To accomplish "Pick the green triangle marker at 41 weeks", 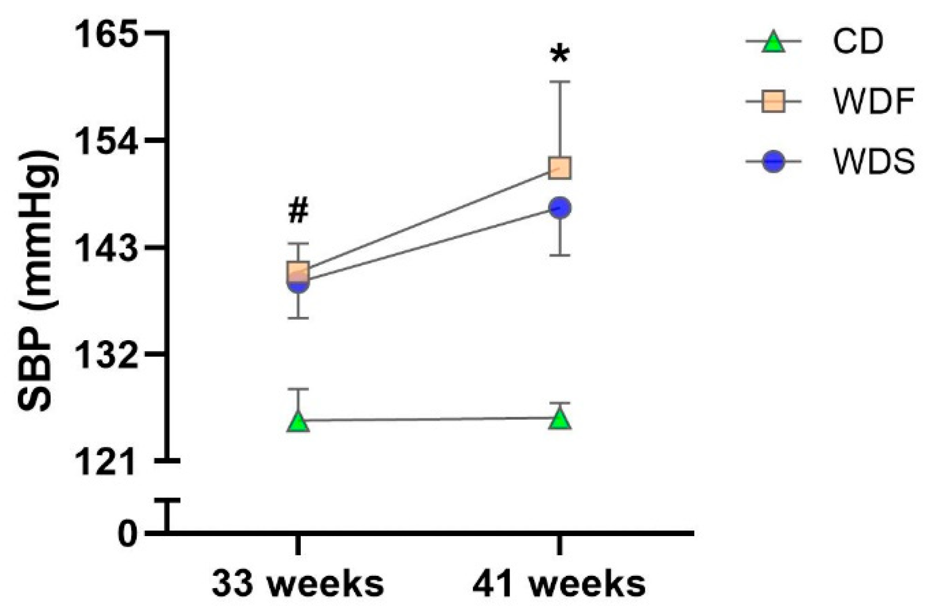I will pyautogui.click(x=560, y=420).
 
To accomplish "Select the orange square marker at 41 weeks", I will pyautogui.click(x=560, y=168).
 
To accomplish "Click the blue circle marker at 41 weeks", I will pyautogui.click(x=560, y=208).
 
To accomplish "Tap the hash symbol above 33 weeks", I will pyautogui.click(x=298, y=211).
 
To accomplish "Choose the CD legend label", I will pyautogui.click(x=857, y=42).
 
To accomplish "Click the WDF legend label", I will pyautogui.click(x=873, y=102).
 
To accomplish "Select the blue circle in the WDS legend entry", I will pyautogui.click(x=773, y=162).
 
